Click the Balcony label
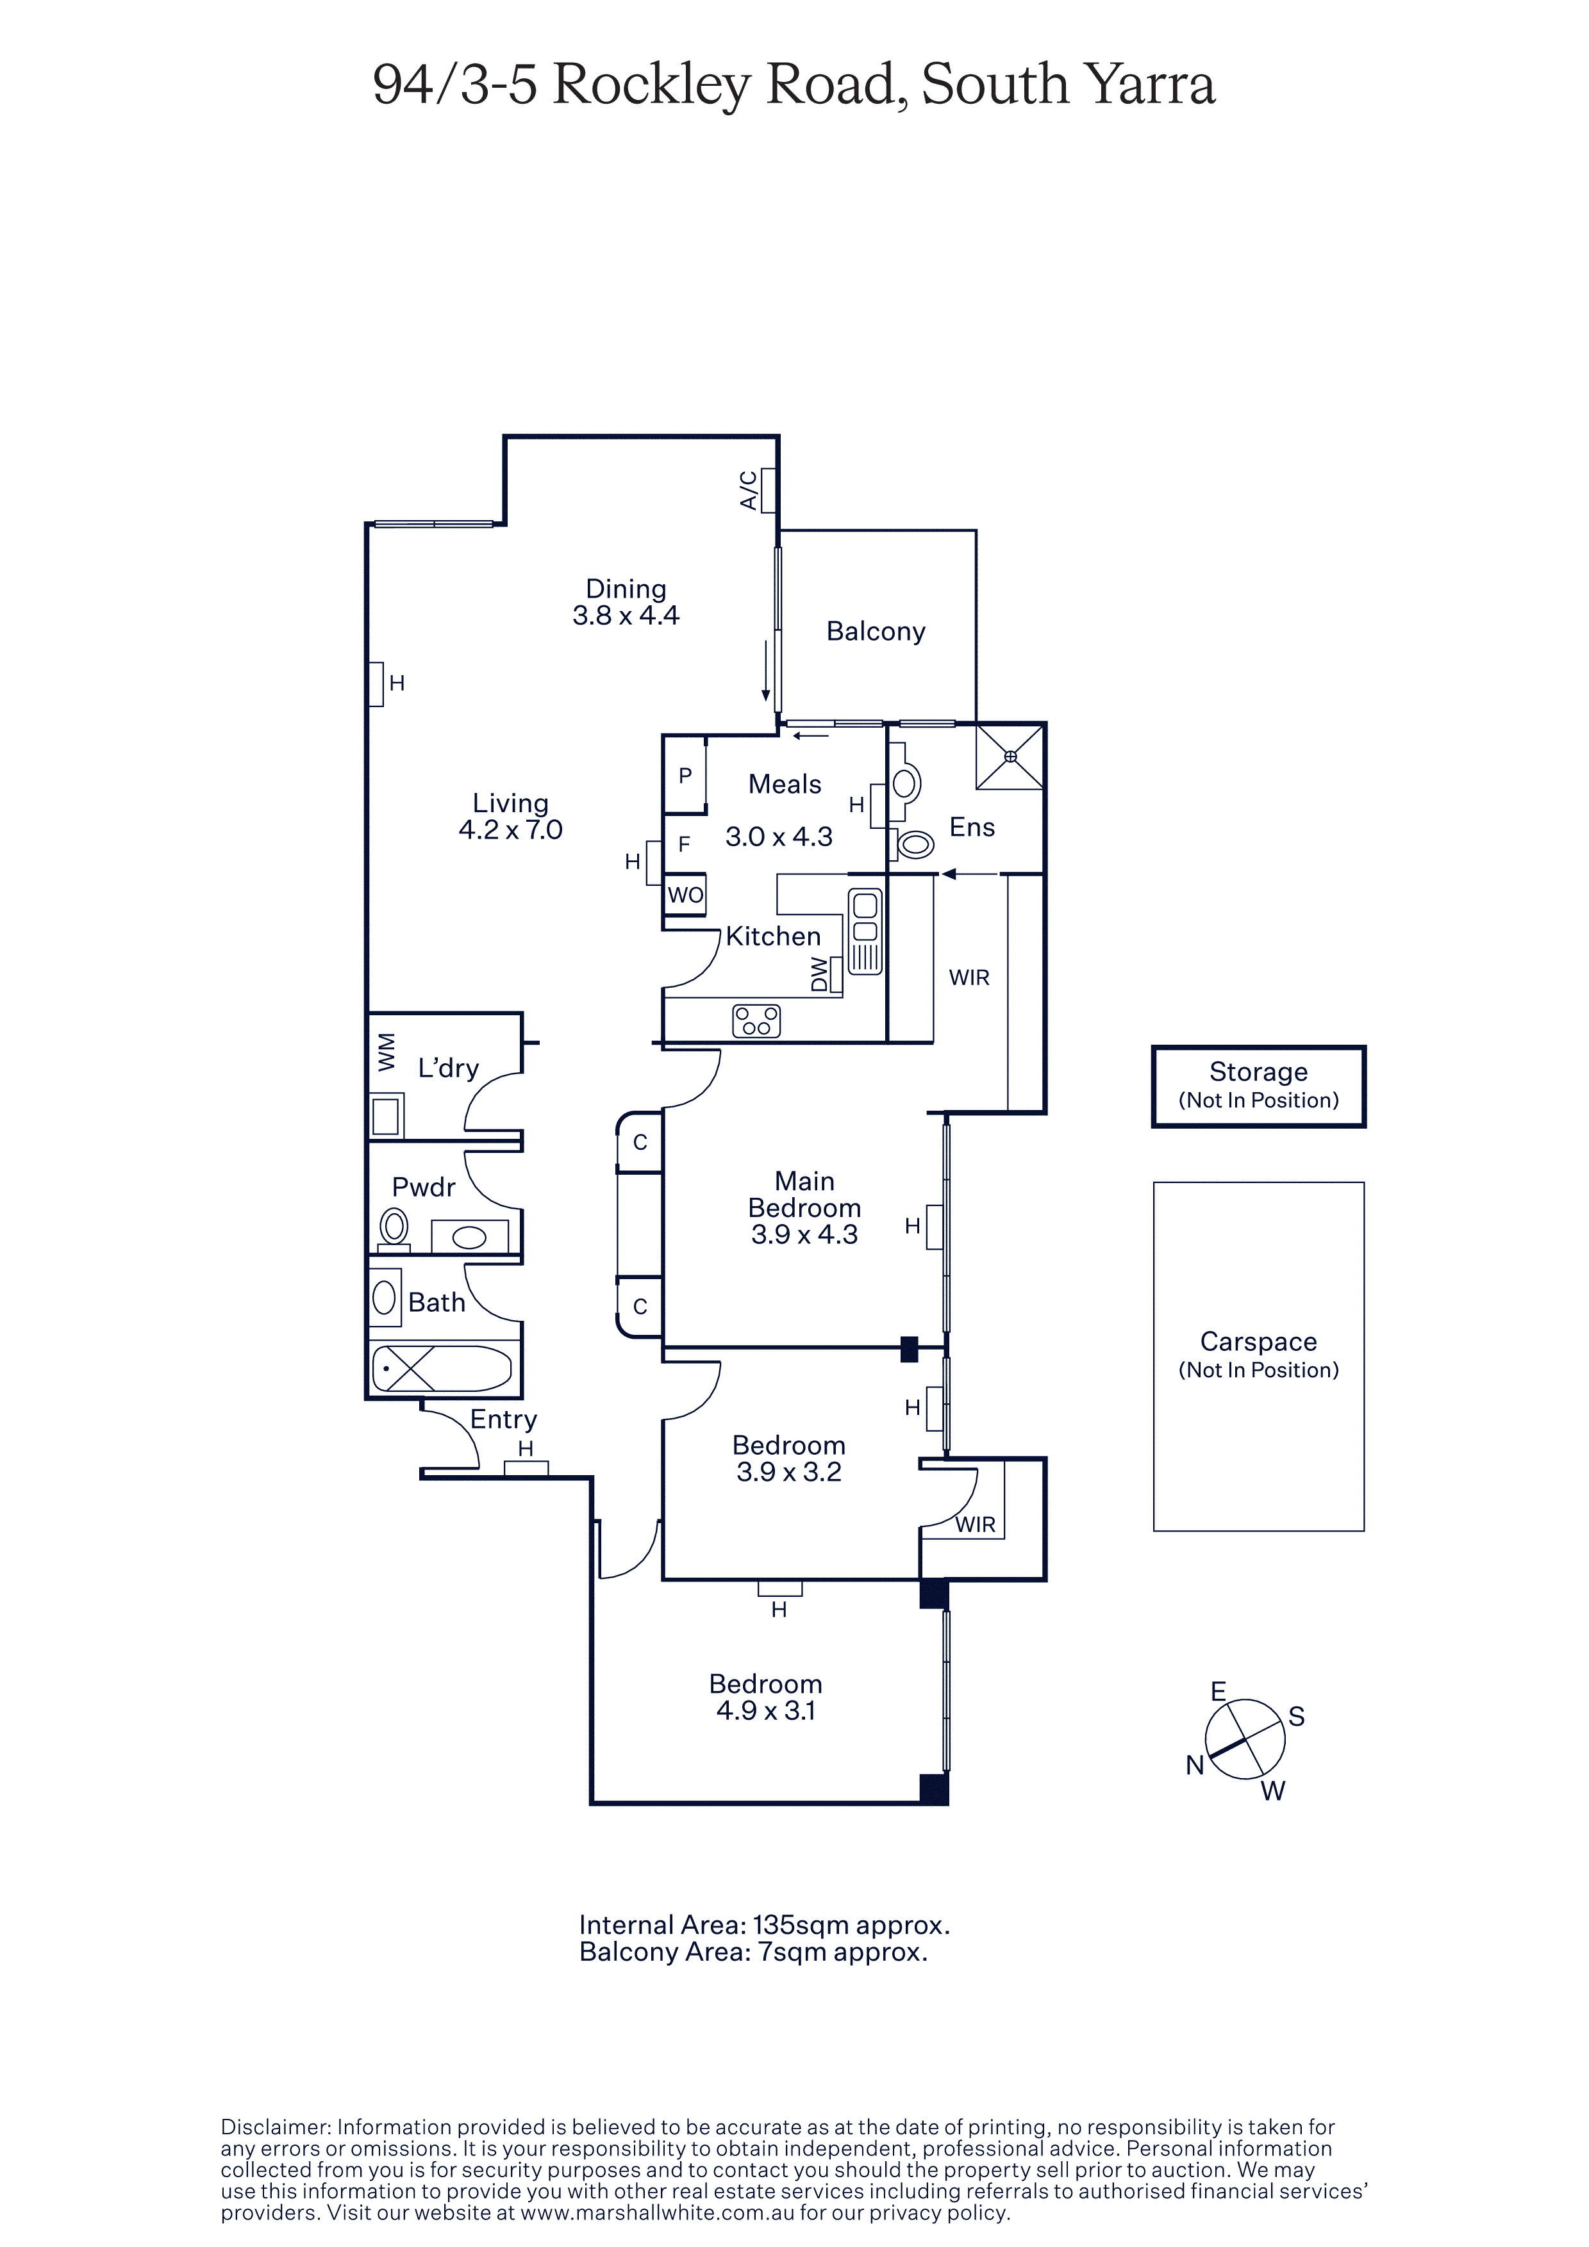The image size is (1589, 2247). (x=876, y=631)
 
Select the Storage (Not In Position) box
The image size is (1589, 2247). (x=1258, y=1086)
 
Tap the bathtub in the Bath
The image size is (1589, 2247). (x=442, y=1368)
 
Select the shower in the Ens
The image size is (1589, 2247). (x=1010, y=756)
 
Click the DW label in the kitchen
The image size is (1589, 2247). (x=820, y=976)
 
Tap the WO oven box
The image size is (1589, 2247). (x=685, y=894)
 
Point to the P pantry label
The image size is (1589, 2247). (x=685, y=775)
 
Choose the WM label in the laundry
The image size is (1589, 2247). (x=387, y=1052)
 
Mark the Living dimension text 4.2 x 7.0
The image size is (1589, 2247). (x=510, y=830)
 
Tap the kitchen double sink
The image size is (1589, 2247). (x=865, y=931)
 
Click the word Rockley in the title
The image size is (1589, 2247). (x=651, y=85)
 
